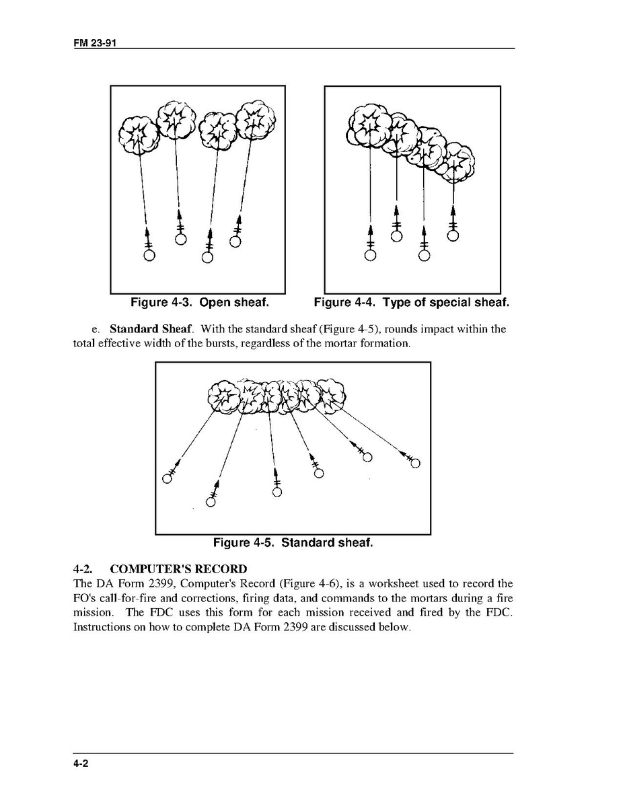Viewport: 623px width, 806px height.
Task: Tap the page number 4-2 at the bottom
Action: tap(83, 764)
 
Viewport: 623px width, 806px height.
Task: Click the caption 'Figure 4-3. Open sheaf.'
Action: tap(200, 303)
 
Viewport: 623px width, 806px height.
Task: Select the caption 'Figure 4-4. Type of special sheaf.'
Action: tap(412, 303)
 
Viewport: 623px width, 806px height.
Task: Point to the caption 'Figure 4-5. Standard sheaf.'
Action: tap(293, 542)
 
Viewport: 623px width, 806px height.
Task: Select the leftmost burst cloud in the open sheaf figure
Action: tap(139, 134)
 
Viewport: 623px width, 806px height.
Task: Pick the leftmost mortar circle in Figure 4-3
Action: tap(149, 256)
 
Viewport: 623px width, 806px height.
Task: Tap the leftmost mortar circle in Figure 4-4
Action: tap(369, 256)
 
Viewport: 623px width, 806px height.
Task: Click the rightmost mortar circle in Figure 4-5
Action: tap(415, 463)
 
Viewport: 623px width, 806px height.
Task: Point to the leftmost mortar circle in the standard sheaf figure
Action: tap(167, 479)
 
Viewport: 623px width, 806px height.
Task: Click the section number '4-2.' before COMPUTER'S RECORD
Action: tap(83, 569)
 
